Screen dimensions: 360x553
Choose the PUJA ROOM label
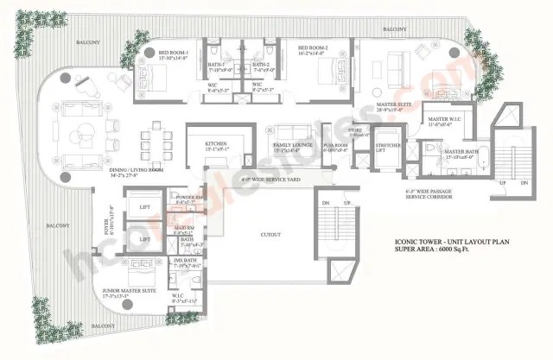click(x=334, y=146)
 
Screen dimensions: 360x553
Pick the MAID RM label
click(x=182, y=229)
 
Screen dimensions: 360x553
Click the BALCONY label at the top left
click(x=89, y=41)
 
